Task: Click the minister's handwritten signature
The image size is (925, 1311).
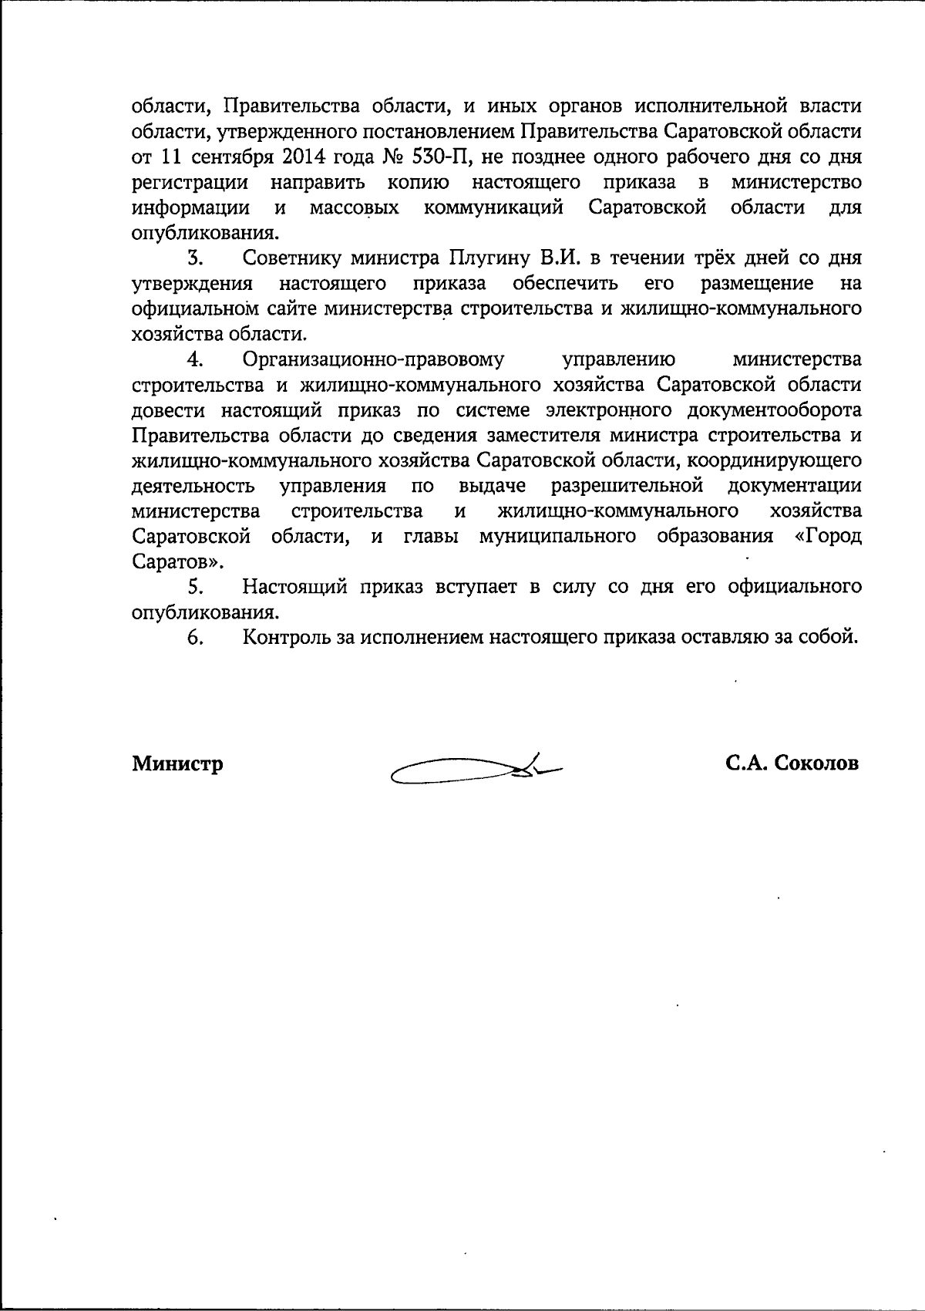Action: point(476,768)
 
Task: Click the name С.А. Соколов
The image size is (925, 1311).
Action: point(792,763)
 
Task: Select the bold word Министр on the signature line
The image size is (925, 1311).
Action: point(178,764)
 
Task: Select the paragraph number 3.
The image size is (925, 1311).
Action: point(194,258)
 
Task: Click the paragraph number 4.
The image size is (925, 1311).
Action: point(194,360)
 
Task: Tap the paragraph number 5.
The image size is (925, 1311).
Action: point(194,588)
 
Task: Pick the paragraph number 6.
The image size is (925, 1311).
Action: point(194,639)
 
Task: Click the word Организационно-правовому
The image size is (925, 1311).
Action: point(373,360)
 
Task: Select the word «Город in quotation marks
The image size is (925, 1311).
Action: point(828,537)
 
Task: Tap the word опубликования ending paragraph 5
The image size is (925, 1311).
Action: point(204,614)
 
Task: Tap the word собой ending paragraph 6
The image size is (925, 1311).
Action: point(829,638)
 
